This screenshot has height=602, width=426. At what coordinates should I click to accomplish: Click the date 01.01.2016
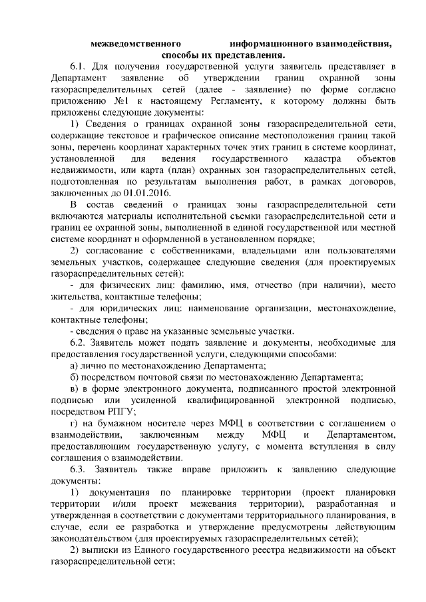tap(146, 194)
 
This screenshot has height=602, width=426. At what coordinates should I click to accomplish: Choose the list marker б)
tap(75, 376)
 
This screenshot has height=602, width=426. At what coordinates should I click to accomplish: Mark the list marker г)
tap(75, 423)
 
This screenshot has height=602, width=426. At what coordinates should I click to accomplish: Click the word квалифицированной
tap(232, 400)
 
